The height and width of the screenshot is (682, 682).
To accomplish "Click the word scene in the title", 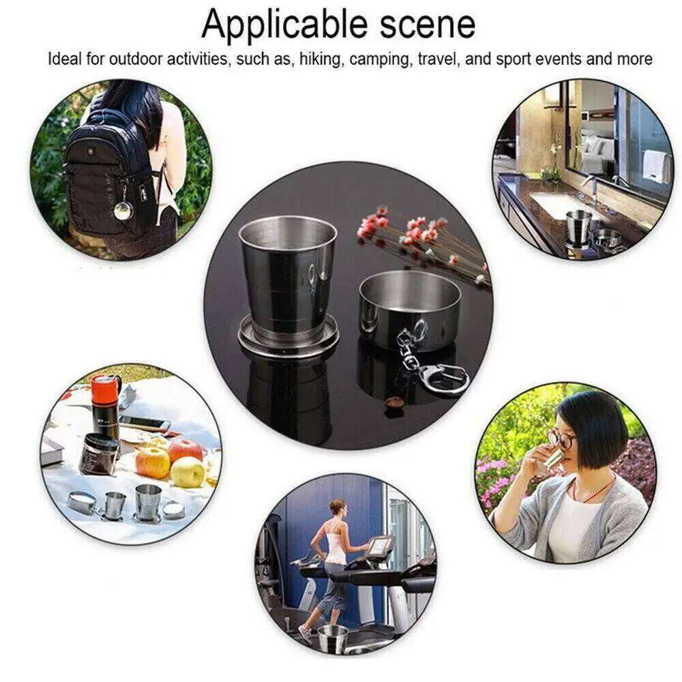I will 423,25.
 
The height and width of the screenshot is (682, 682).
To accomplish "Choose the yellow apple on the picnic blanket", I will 187,472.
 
